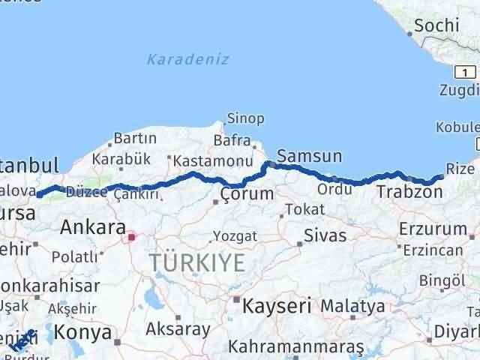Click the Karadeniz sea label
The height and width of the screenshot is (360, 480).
coord(188,59)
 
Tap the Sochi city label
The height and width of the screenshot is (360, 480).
coord(435,25)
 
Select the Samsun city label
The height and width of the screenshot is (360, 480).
coord(309,157)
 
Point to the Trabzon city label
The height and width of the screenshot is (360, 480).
coord(409,192)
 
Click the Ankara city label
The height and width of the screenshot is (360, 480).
coord(92,226)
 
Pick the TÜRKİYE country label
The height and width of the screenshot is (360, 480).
coord(197,262)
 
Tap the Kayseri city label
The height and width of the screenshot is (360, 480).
coord(276,305)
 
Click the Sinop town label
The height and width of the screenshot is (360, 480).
coord(246,118)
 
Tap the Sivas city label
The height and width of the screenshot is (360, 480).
coord(325,235)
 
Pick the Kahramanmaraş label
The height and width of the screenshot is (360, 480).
coord(297,346)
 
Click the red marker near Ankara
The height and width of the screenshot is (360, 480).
coord(132,238)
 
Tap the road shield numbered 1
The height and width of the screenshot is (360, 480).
coord(466,72)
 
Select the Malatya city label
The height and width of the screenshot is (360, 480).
coord(352,306)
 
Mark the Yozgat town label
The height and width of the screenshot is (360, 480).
coord(235,235)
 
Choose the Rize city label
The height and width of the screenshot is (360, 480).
coord(460,168)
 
